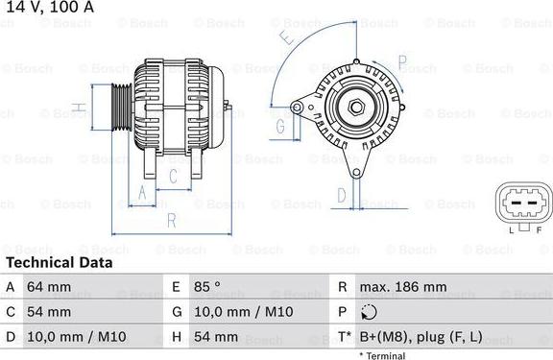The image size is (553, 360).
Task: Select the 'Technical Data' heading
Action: tap(59, 262)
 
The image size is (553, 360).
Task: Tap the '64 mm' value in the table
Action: tap(49, 287)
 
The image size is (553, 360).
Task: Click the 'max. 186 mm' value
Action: tap(402, 287)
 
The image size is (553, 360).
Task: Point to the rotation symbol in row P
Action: tap(371, 312)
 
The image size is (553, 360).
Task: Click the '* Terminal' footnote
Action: tap(382, 355)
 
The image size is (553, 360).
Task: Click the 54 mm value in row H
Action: tap(216, 337)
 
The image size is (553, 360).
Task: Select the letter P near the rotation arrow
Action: tap(403, 66)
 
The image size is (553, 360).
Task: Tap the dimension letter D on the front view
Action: tap(341, 195)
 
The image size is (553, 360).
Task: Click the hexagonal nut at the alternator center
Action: tap(355, 108)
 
